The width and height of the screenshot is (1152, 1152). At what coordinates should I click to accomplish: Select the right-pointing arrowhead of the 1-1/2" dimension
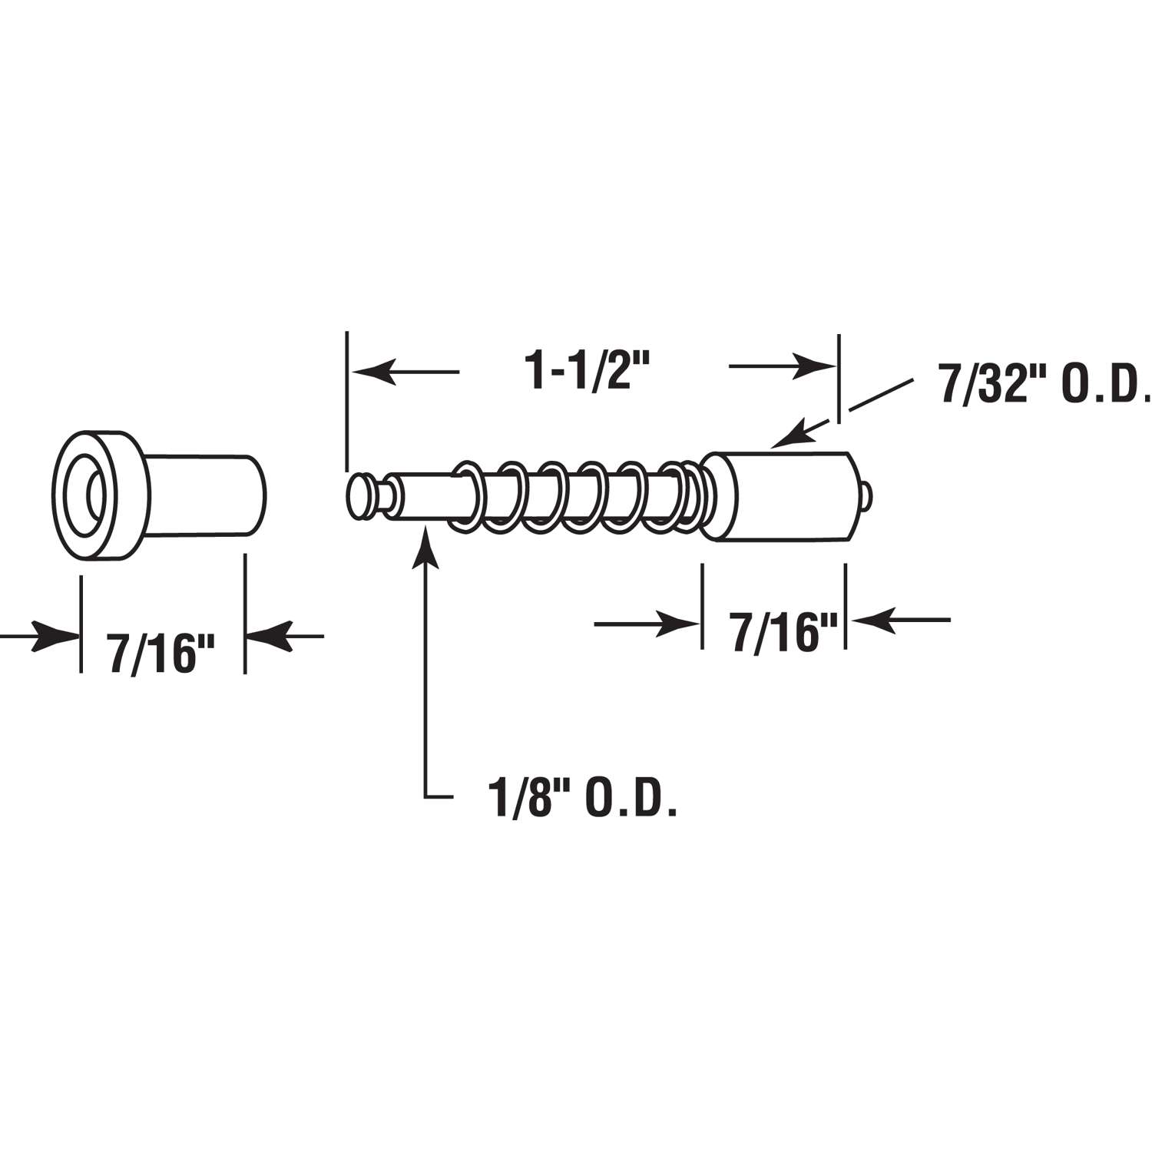tap(816, 366)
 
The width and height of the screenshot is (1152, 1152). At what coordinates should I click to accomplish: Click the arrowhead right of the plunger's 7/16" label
tap(871, 619)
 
